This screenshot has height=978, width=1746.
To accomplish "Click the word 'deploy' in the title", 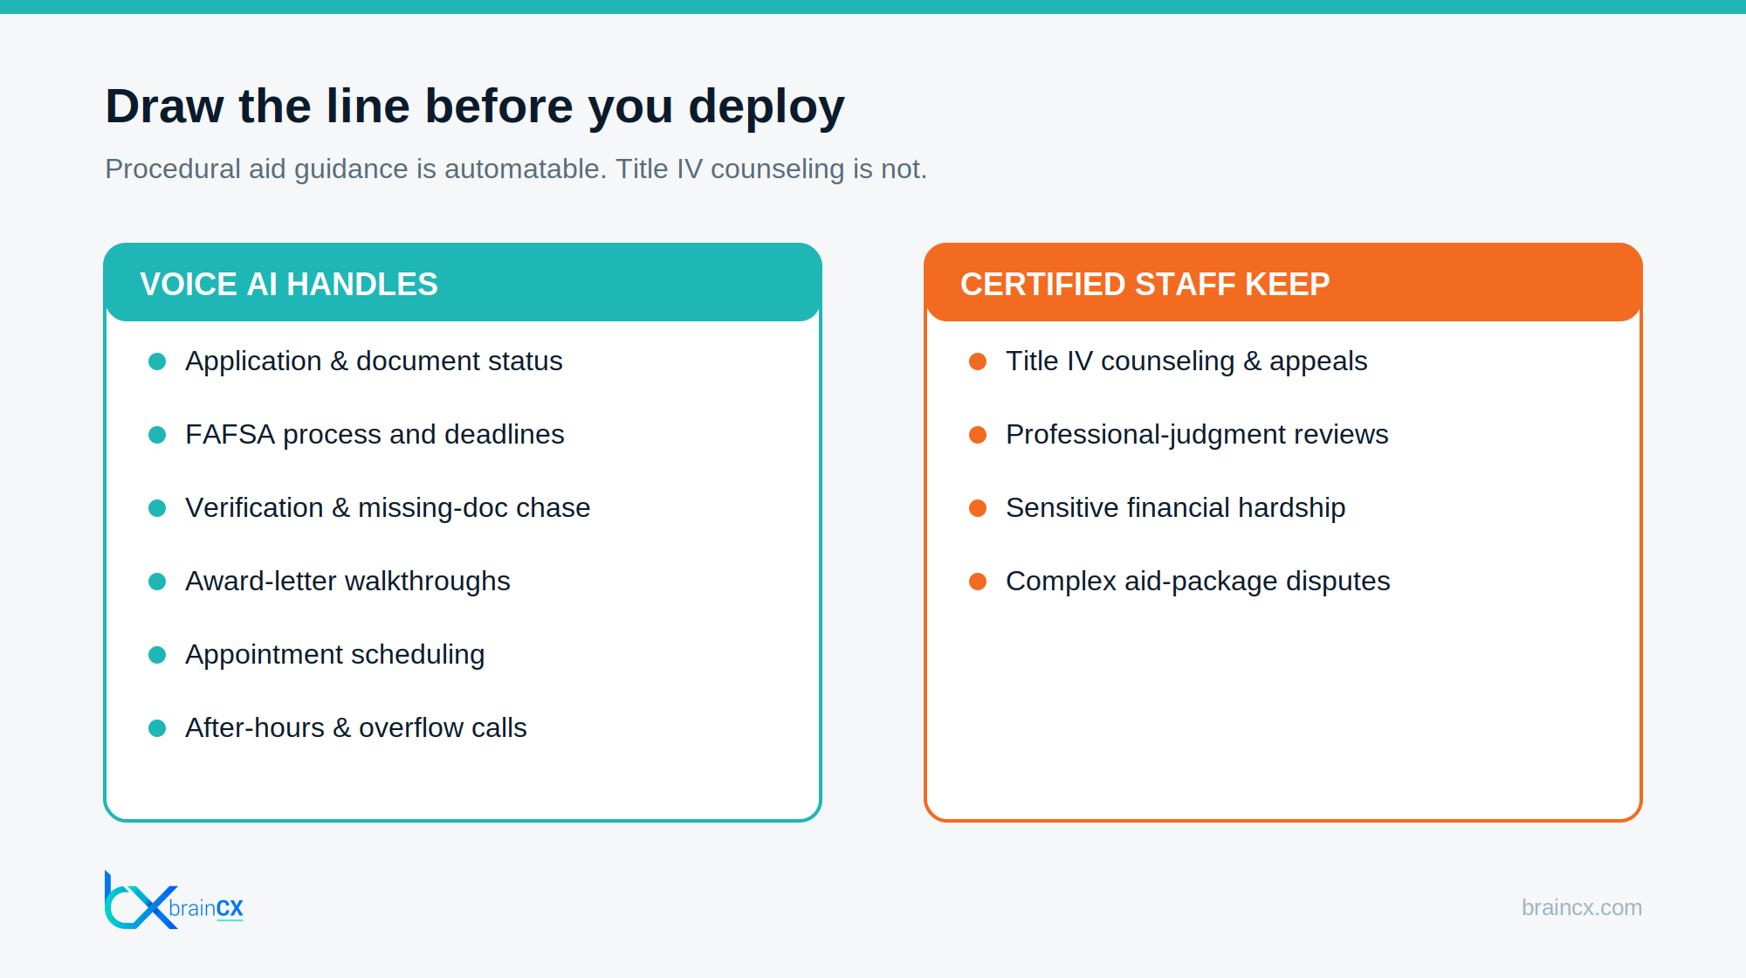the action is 766,107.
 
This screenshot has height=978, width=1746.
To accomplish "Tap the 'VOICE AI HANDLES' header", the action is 289,285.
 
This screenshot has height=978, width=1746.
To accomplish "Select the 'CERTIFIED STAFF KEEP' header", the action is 1145,285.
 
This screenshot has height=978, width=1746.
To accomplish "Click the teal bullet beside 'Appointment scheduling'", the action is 157,655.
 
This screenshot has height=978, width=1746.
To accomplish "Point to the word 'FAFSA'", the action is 230,434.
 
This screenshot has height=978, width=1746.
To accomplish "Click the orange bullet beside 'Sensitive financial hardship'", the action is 978,508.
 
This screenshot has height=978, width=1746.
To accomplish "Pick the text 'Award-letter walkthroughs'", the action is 347,582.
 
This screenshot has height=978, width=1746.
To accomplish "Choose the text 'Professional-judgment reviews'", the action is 1197,435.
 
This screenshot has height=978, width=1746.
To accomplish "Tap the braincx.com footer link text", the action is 1582,908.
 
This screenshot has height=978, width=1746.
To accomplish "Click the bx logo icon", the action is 140,899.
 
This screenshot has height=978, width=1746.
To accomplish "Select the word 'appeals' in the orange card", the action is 1318,362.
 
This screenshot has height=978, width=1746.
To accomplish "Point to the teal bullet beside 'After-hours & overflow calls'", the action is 157,728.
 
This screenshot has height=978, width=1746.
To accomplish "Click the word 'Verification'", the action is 254,508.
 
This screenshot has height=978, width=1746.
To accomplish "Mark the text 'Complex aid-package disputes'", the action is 1198,582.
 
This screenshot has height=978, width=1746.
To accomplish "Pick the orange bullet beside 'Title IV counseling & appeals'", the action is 978,362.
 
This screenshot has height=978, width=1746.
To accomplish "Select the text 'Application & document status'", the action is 374,362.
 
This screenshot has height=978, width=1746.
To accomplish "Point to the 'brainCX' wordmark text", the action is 206,908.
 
